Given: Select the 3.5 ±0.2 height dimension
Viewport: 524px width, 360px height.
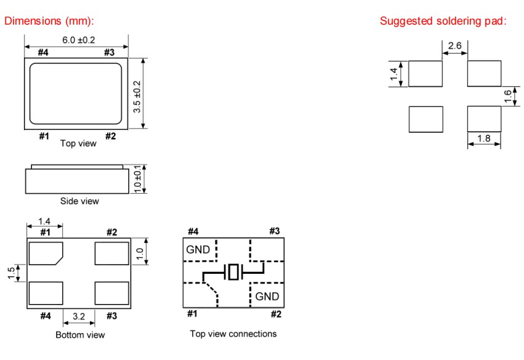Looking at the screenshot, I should pos(137,94).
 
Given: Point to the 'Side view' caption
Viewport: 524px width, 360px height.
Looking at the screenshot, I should pos(79,201).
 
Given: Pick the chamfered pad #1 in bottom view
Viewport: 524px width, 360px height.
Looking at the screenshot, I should pos(46,253).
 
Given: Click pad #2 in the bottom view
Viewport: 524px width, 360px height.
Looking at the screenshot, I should pos(111,253).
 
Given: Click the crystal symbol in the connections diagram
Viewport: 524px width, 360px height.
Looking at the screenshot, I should pos(233,272).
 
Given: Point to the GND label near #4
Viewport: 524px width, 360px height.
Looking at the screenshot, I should pos(198,250).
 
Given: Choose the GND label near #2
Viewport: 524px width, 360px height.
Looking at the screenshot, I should pos(267,296).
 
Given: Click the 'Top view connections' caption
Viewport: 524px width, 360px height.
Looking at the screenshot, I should pos(233,334).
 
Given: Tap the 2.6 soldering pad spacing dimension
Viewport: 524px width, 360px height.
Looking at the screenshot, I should pos(455,46).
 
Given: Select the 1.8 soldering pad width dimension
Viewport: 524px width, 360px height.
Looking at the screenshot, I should pos(483,139).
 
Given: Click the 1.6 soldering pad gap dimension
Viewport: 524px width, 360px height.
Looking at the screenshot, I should pos(507,96).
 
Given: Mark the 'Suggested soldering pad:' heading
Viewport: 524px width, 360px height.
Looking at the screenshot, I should pos(443,21).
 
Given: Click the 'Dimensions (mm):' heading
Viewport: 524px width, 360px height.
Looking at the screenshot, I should pos(49,21).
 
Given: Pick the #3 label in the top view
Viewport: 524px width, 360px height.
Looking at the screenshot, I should pos(109,52).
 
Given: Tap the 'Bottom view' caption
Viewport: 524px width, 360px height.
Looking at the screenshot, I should pos(80,335).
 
